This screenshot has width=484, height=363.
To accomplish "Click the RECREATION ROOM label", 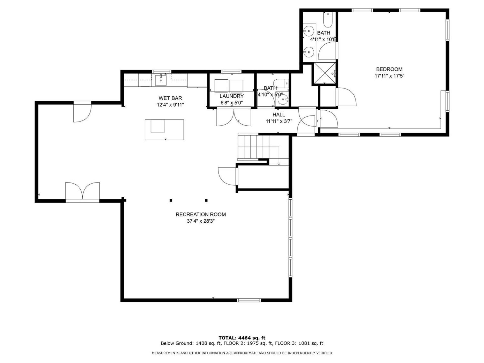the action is click(x=201, y=215).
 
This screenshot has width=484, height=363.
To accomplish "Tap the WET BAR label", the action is click(x=170, y=98).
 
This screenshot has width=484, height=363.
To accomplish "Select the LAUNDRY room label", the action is click(x=231, y=96).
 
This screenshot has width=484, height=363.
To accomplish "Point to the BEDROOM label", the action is click(x=389, y=69).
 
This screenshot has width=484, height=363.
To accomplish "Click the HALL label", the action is click(x=279, y=115).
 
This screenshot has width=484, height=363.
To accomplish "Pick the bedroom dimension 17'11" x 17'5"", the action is click(x=389, y=76).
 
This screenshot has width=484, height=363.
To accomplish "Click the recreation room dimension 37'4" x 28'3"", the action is click(x=201, y=221).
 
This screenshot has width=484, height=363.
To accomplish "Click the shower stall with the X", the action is click(x=324, y=73).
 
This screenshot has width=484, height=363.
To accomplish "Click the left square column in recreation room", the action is click(x=171, y=200).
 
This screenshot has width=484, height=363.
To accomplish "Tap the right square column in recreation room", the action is click(x=206, y=200).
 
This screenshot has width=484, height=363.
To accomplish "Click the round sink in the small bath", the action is click(x=283, y=100).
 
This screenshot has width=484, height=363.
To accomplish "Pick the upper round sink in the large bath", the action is click(x=308, y=31).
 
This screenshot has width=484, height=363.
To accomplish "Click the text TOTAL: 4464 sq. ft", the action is click(x=242, y=338).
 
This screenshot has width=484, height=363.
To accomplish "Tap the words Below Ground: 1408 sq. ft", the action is click(x=191, y=343).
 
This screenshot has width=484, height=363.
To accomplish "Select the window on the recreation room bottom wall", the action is click(x=249, y=300).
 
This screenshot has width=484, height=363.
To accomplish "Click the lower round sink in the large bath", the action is click(x=308, y=52).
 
